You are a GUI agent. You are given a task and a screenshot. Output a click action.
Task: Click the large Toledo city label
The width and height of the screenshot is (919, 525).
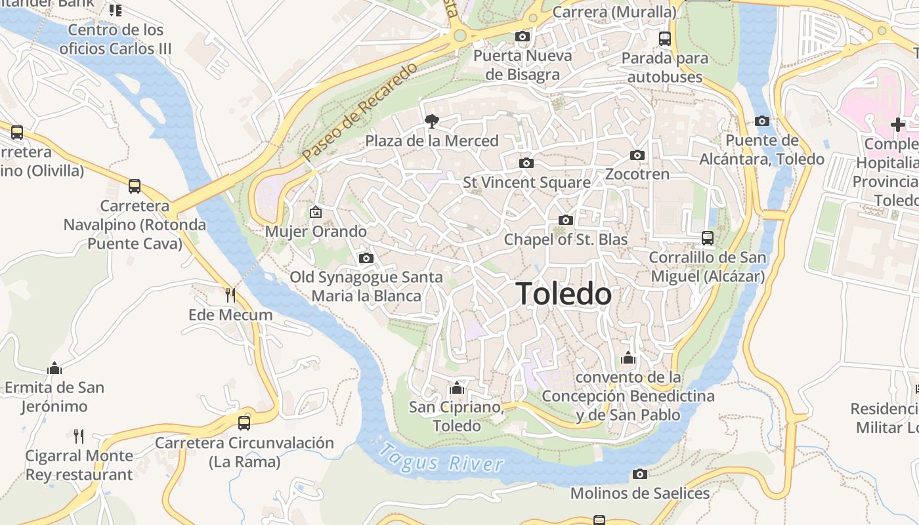[x=564, y=294]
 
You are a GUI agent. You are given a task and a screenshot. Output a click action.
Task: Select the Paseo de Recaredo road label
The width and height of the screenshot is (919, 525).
[x=360, y=112]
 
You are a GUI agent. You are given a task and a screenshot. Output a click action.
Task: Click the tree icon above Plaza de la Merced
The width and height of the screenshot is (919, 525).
[x=431, y=121]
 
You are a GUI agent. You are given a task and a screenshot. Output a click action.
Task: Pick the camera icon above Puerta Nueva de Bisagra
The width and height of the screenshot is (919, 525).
[x=523, y=36]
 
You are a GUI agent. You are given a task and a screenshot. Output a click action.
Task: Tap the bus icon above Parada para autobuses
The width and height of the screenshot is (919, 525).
[x=665, y=39]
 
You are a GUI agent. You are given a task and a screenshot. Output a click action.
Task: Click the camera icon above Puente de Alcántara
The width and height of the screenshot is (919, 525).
[x=762, y=121]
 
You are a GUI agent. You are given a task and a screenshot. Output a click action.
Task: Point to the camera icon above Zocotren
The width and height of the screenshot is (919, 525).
[x=637, y=156]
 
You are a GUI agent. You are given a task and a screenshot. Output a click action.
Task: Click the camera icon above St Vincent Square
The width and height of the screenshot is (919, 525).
[x=526, y=163]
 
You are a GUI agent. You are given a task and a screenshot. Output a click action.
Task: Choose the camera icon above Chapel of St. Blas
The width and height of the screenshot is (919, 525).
[x=565, y=220]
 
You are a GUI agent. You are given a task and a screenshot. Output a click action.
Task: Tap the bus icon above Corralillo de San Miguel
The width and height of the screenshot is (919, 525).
[x=708, y=238]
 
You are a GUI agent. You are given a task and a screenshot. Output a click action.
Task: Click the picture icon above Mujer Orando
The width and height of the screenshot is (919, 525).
[x=316, y=212]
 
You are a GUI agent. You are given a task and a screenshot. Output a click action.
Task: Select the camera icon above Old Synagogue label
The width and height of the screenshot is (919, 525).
[x=366, y=259]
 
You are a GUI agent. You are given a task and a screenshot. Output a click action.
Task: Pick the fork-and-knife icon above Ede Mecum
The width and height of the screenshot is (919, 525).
[x=230, y=295]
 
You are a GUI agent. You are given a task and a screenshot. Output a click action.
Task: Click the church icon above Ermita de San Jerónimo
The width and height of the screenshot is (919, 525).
[x=54, y=368]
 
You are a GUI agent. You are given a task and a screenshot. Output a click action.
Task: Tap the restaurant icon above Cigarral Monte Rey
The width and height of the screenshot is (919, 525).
[x=79, y=436]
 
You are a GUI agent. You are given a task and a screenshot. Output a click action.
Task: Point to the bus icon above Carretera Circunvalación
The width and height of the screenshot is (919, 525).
[x=244, y=423]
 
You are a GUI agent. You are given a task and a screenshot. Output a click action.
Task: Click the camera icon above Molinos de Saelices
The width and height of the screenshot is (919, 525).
[x=640, y=474]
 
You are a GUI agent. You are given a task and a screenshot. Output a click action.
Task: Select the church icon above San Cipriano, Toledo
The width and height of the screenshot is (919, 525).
[x=458, y=388]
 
